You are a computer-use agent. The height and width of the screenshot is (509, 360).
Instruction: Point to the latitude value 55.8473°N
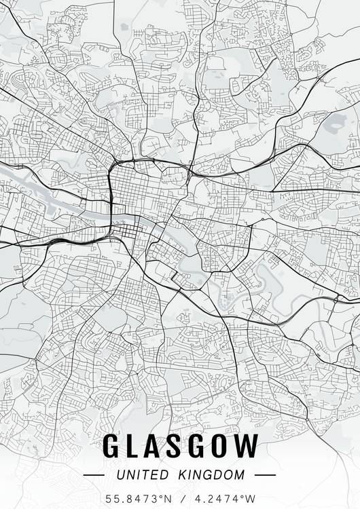[138, 499]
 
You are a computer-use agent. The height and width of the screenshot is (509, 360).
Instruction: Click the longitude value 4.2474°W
[223, 499]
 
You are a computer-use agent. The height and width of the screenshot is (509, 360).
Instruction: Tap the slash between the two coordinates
[181, 499]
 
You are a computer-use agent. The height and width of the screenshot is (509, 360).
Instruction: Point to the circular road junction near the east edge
[336, 299]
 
